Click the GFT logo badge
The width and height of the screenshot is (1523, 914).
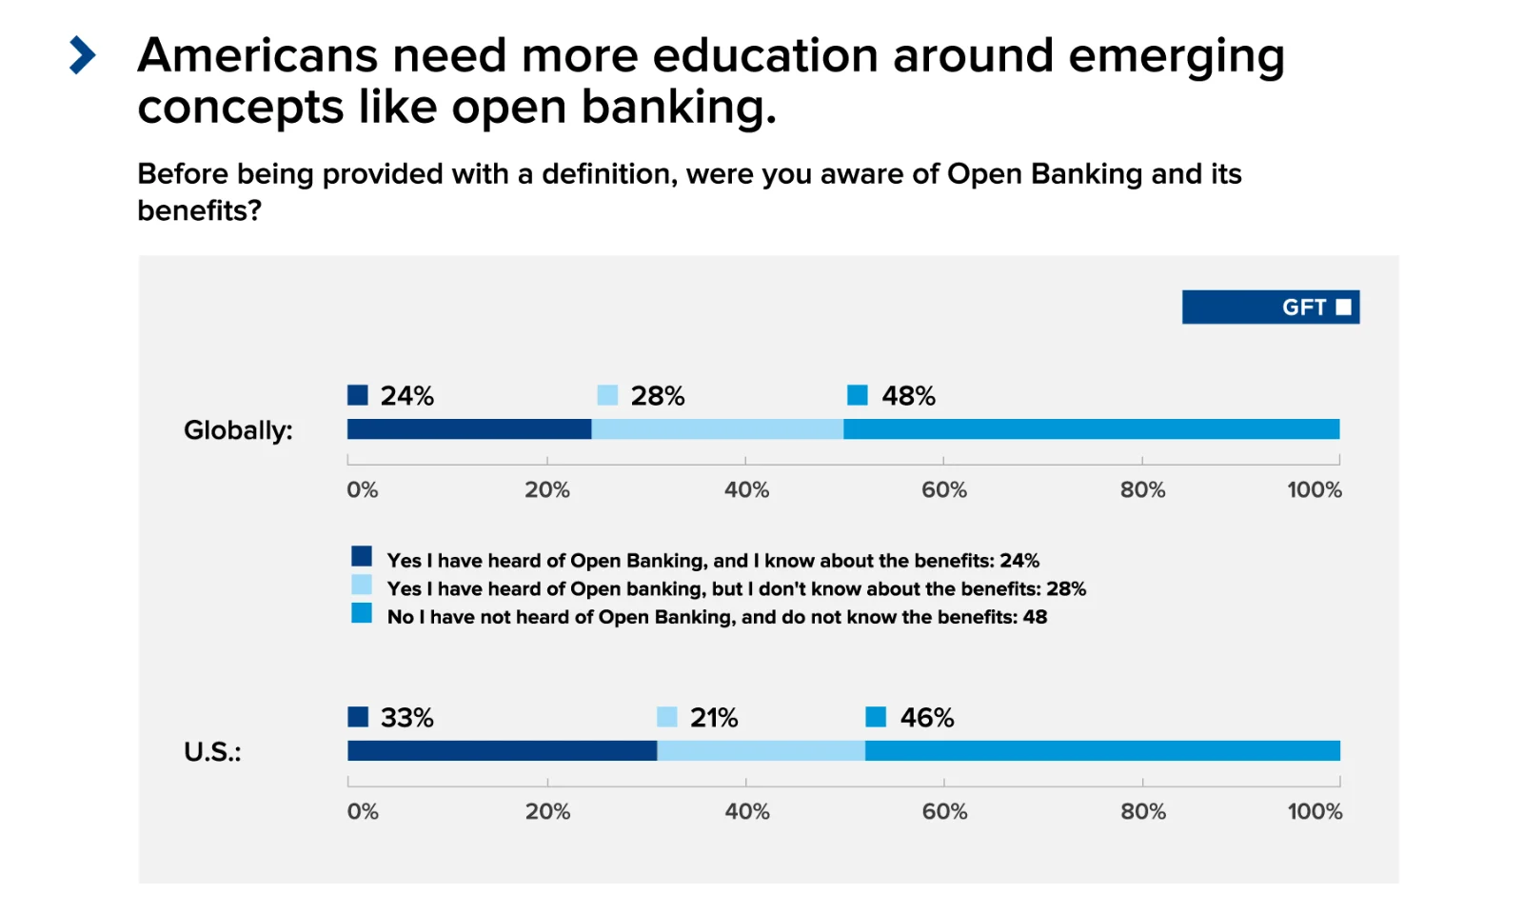coord(1270,307)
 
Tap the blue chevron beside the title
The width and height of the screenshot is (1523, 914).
coord(83,55)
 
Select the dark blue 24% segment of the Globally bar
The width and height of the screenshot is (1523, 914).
coord(468,429)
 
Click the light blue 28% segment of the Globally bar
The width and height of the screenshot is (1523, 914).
coord(717,429)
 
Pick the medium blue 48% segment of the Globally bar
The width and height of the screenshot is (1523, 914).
coord(1091,429)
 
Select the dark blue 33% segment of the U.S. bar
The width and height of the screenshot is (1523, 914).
coord(502,750)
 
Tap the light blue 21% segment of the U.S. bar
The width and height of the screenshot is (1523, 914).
coord(761,750)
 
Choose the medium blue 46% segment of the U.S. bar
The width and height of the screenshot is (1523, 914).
coord(1102,750)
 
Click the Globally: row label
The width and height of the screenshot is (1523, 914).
coord(238,430)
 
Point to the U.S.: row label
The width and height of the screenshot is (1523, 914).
coord(212,752)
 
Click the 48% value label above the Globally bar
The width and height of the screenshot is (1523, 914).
coord(908,396)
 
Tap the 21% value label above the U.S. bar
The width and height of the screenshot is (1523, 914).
coord(714,718)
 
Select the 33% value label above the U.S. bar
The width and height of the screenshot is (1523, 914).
coord(406,718)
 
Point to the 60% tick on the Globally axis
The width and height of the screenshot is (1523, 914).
coord(943,490)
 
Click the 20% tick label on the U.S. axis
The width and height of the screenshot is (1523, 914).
coord(547,812)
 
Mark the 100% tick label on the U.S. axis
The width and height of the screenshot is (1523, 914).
coord(1315,812)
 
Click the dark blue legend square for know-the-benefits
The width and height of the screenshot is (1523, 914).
coord(362,556)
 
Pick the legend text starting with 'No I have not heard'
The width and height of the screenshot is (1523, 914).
coord(716,617)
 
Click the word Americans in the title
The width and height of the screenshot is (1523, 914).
coord(257,55)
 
